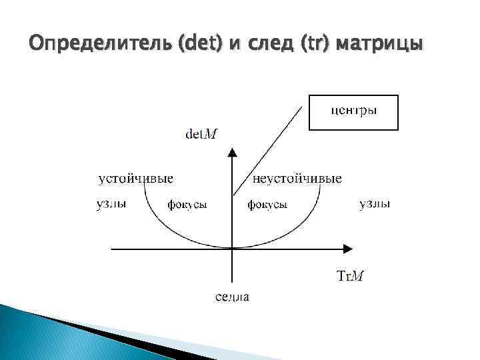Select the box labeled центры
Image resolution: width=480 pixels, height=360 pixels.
353,111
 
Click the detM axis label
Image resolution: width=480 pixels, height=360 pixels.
201,135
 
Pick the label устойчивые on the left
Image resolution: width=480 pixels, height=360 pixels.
136,178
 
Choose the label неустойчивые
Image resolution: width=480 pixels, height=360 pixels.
297,178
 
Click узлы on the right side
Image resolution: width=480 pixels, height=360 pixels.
375,203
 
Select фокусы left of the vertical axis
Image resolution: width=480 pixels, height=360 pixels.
187,204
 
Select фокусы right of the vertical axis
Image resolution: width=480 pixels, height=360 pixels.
267,204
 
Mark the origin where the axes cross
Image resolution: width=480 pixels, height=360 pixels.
232,249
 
